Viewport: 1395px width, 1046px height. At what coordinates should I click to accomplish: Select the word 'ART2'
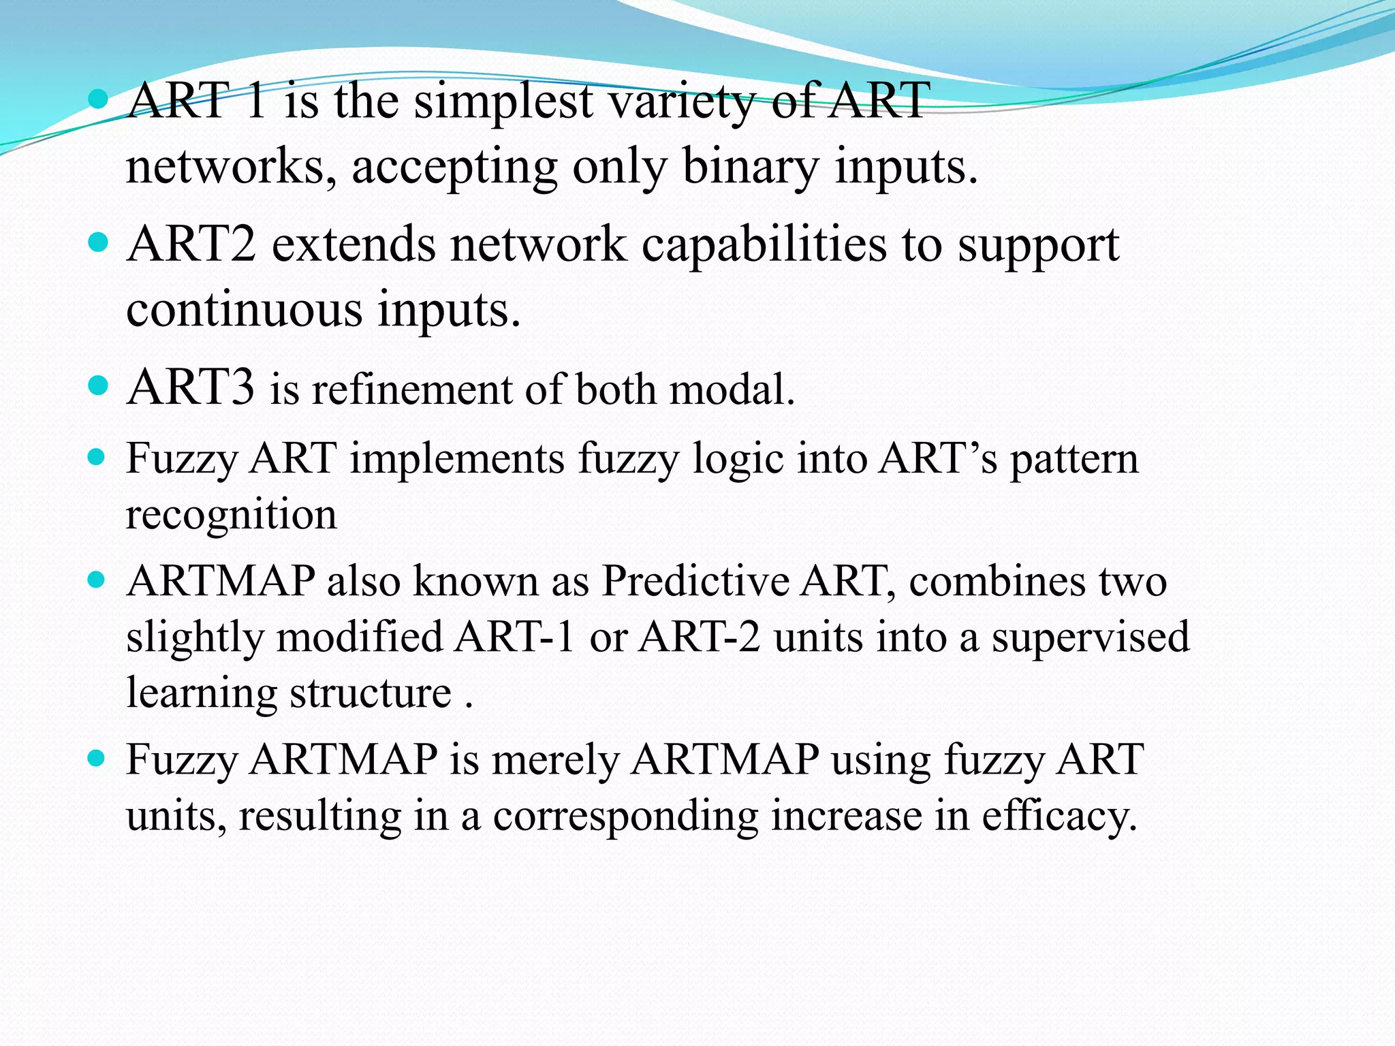click(191, 244)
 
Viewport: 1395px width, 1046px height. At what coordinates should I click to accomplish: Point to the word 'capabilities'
click(764, 245)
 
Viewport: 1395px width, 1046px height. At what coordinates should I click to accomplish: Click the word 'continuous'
click(244, 310)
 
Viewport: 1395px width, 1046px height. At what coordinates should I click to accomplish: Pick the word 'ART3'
click(191, 387)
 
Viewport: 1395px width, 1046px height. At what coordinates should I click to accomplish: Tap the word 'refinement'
click(411, 390)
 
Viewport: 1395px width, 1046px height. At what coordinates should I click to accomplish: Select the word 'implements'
click(457, 460)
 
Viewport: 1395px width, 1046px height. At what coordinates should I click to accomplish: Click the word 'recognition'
click(232, 516)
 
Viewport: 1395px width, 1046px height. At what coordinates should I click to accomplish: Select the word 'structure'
click(371, 694)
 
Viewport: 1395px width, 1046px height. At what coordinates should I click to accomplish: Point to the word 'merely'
click(554, 761)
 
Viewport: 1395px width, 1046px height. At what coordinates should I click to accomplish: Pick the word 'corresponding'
click(625, 817)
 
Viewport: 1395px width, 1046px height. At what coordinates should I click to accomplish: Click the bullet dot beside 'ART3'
click(99, 386)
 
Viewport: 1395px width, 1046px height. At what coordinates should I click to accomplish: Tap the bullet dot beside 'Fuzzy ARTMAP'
click(97, 757)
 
